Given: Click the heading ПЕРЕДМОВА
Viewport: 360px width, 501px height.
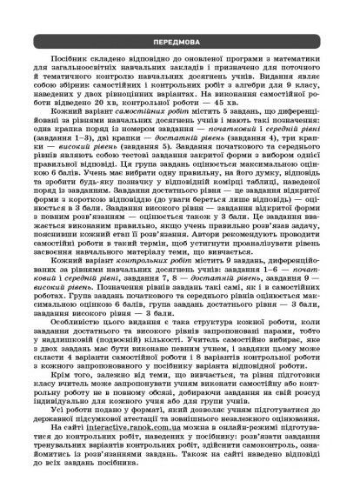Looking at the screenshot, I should (x=180, y=40).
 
